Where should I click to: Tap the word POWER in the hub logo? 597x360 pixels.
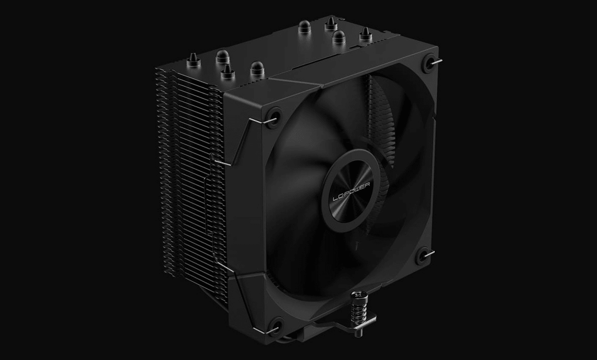click(x=358, y=186)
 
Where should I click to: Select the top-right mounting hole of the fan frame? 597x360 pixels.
click(x=429, y=62)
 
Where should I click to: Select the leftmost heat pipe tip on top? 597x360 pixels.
click(x=191, y=61)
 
